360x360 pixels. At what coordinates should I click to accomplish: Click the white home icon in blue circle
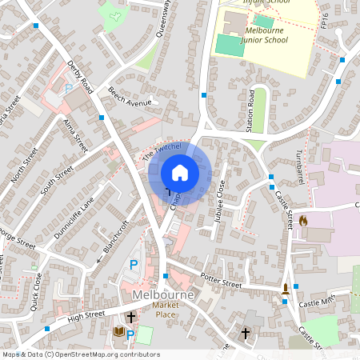tap(180, 173)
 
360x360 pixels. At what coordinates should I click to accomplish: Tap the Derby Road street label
tap(81, 77)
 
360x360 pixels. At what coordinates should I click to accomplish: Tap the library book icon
tap(120, 332)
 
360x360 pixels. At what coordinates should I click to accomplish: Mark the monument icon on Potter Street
tap(286, 287)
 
